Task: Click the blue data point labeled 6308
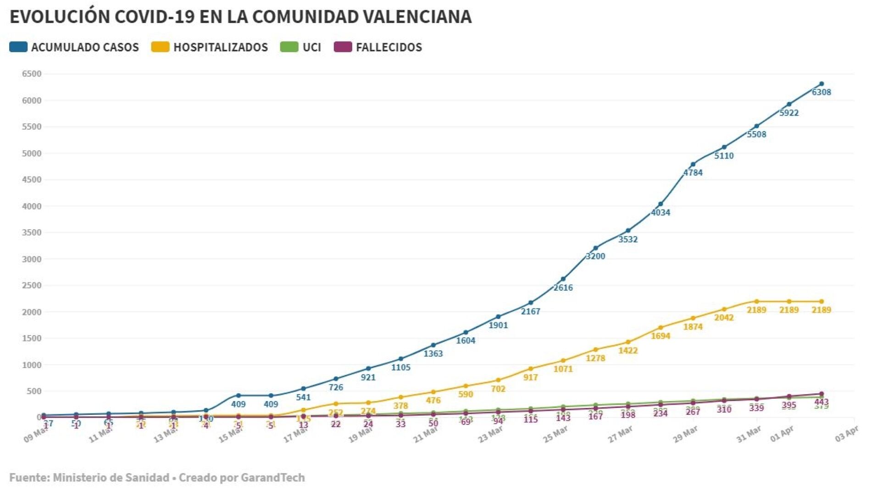[x=821, y=84]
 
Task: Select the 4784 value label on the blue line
[x=693, y=173]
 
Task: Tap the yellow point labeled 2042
[x=724, y=309]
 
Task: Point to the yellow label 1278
[x=595, y=358]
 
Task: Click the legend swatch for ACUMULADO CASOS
[x=18, y=47]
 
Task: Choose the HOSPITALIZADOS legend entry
[x=220, y=47]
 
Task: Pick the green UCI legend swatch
[x=289, y=47]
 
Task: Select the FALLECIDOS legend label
[x=388, y=47]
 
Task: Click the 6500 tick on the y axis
[x=32, y=74]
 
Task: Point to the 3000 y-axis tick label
[x=32, y=259]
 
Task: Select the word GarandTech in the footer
[x=272, y=478]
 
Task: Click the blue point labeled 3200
[x=596, y=248]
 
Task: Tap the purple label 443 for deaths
[x=821, y=402]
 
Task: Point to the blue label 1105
[x=400, y=368]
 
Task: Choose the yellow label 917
[x=530, y=378]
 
